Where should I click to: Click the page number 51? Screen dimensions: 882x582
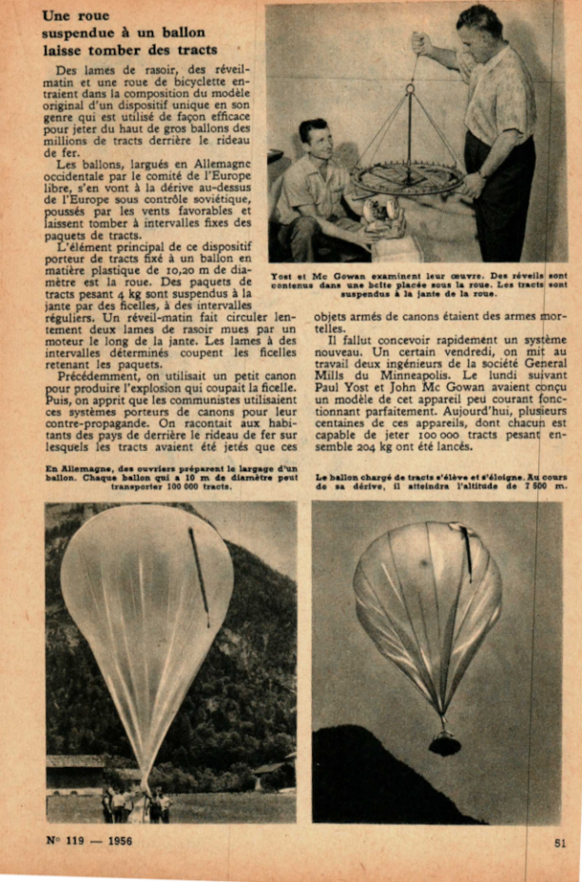561,841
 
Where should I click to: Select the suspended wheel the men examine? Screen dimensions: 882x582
409,177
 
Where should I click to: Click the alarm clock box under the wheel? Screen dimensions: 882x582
384,217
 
